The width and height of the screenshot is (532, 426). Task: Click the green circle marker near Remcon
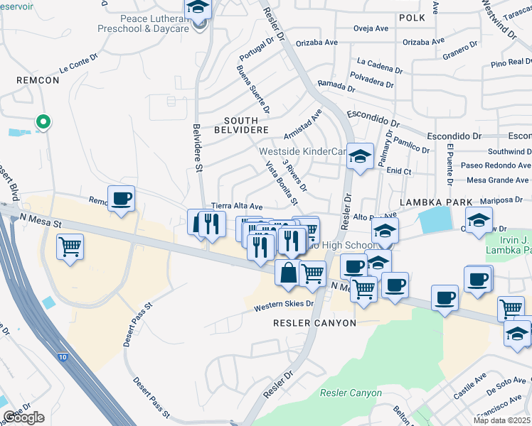click(x=43, y=122)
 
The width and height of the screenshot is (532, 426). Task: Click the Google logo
click(x=23, y=417)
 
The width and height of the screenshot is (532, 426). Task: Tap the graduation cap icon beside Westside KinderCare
click(x=361, y=156)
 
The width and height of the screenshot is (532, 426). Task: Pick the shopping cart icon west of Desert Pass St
click(x=70, y=248)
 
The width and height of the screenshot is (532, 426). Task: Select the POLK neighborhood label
click(x=411, y=17)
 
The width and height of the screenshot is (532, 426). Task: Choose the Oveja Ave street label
click(x=371, y=28)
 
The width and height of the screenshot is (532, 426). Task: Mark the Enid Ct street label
click(x=398, y=171)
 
